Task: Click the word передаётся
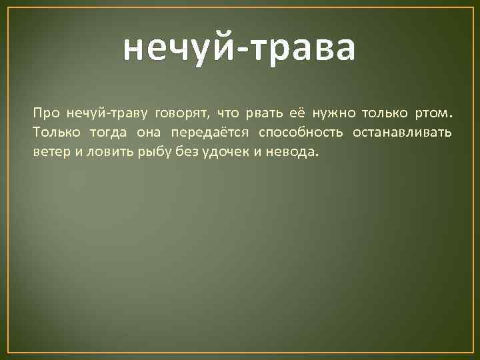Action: coord(207,132)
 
